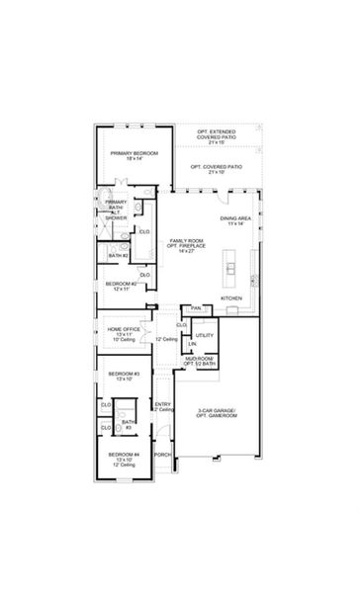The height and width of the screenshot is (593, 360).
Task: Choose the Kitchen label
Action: click(230, 297)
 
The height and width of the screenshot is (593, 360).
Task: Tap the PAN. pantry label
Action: click(196, 308)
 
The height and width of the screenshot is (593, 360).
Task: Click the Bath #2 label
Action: click(119, 256)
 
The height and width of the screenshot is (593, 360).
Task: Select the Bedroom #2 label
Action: click(120, 286)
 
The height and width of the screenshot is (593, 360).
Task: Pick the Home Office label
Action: click(124, 332)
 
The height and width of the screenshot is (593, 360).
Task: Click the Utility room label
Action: click(204, 336)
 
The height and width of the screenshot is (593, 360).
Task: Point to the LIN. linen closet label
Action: click(192, 355)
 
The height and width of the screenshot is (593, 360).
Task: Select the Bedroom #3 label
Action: click(123, 376)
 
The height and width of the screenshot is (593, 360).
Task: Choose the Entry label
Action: click(163, 406)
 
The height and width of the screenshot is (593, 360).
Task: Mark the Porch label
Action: click(163, 454)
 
